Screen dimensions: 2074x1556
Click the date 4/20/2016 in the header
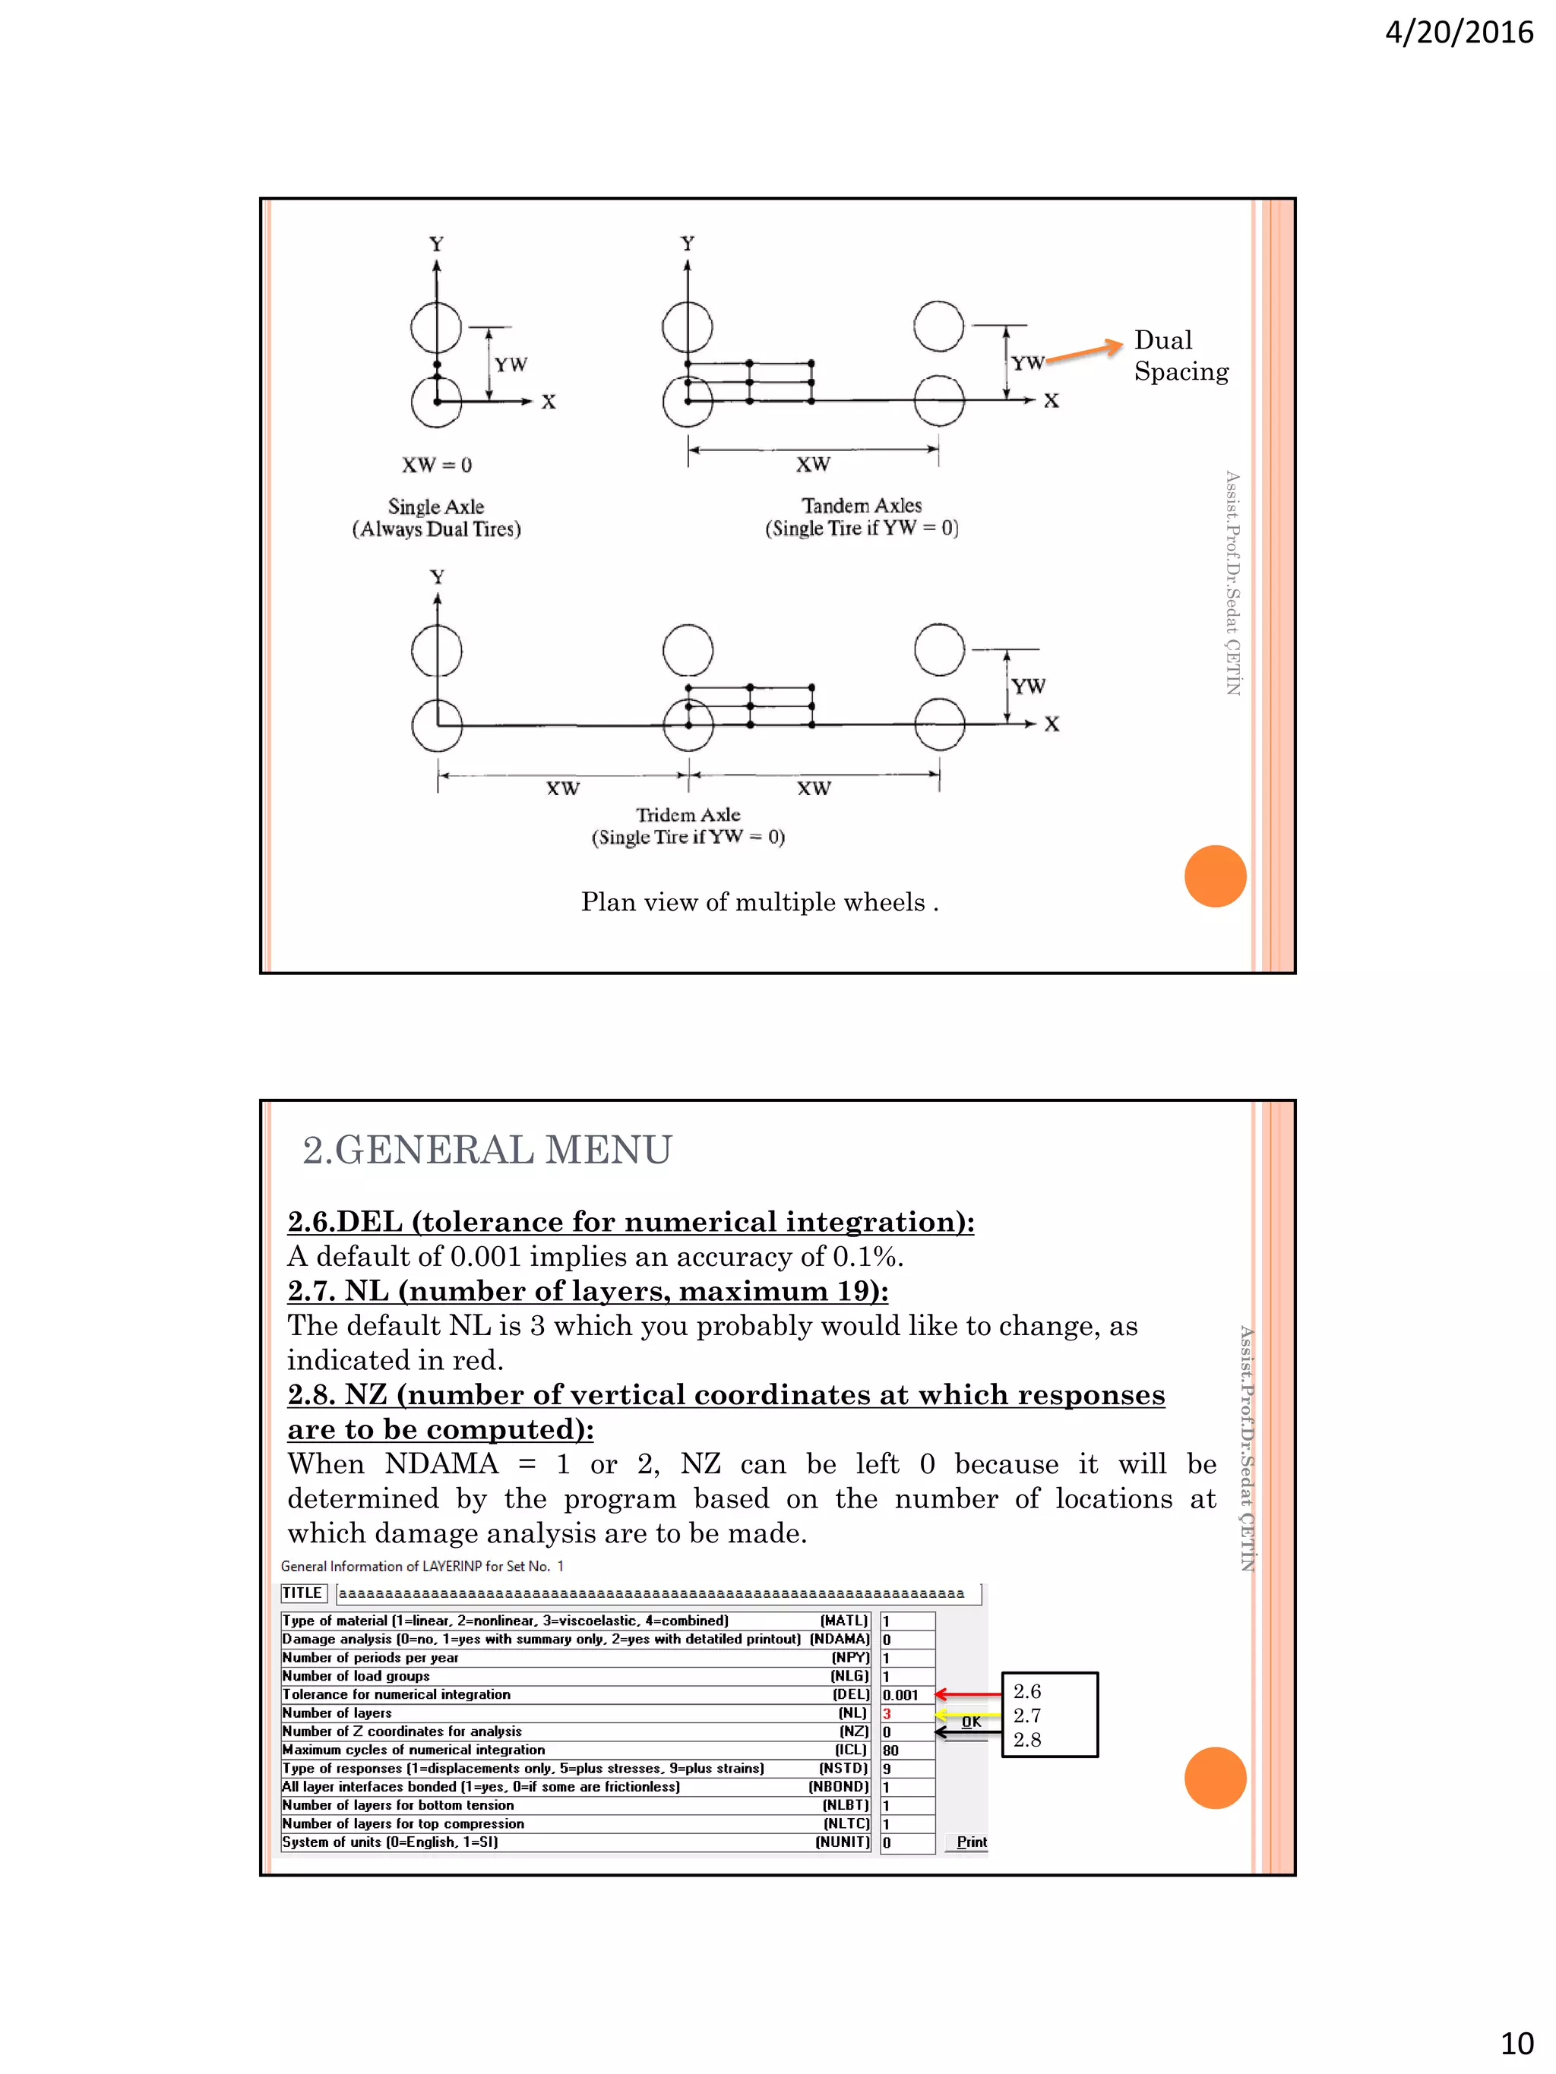pyautogui.click(x=1459, y=33)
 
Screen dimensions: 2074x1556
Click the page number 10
pyautogui.click(x=1516, y=2043)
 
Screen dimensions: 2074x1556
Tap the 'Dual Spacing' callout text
pyautogui.click(x=1180, y=355)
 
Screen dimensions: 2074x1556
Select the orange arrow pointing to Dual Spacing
pyautogui.click(x=1084, y=352)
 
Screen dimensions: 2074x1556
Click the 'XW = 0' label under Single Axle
pyautogui.click(x=437, y=465)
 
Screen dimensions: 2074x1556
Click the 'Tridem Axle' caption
pyautogui.click(x=688, y=816)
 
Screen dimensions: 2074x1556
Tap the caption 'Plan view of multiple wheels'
pyautogui.click(x=759, y=902)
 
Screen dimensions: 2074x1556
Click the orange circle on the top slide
pyautogui.click(x=1215, y=876)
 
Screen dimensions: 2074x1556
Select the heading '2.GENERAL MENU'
pyautogui.click(x=487, y=1151)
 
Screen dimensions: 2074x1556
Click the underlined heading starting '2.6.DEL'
pyautogui.click(x=631, y=1222)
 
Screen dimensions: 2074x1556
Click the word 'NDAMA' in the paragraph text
pyautogui.click(x=441, y=1463)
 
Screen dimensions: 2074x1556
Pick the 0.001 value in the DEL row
pyautogui.click(x=900, y=1695)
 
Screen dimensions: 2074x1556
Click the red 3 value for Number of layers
pyautogui.click(x=887, y=1714)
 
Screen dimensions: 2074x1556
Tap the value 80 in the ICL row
pyautogui.click(x=890, y=1750)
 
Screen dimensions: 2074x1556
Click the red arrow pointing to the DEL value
pyautogui.click(x=967, y=1694)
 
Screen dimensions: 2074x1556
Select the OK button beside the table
pyautogui.click(x=971, y=1722)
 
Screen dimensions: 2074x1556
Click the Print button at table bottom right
pyautogui.click(x=971, y=1842)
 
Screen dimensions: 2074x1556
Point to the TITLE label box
pyautogui.click(x=303, y=1593)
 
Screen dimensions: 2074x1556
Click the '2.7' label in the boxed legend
pyautogui.click(x=1027, y=1716)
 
